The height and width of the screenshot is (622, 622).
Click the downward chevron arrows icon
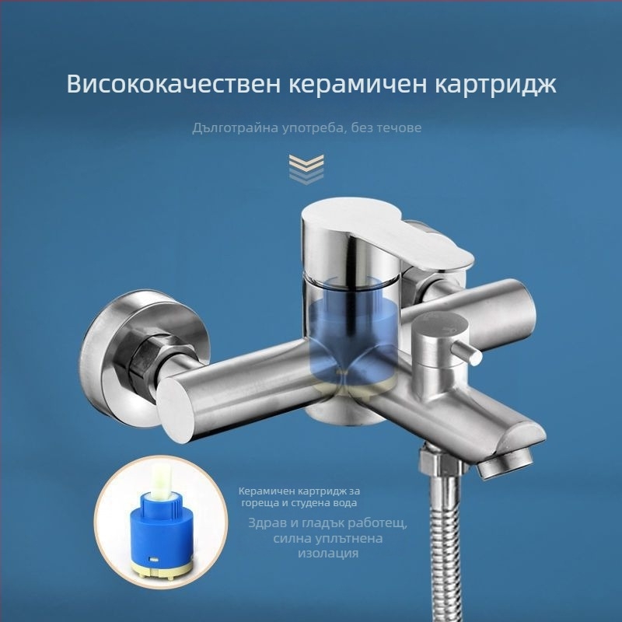(306, 169)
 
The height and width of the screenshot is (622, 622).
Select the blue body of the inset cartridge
(161, 528)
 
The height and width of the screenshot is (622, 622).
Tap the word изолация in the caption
(328, 554)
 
